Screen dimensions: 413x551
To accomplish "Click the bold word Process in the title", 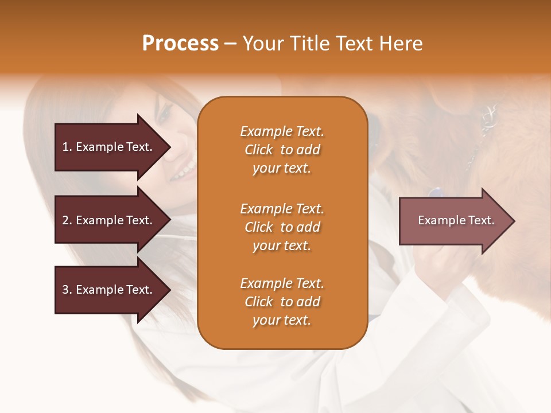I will (x=180, y=44).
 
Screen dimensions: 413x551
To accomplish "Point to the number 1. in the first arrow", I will (x=67, y=147).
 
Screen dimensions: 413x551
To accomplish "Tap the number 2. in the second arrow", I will (x=67, y=220).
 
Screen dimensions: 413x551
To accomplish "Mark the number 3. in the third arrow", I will (x=67, y=290).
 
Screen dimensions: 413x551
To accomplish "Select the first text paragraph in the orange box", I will (x=282, y=150).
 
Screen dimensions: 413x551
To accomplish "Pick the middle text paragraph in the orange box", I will (x=282, y=227).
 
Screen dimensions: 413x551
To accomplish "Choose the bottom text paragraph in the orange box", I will (x=282, y=302).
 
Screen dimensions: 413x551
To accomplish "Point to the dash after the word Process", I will (x=231, y=44).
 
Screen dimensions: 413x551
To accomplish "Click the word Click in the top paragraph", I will (x=259, y=150).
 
